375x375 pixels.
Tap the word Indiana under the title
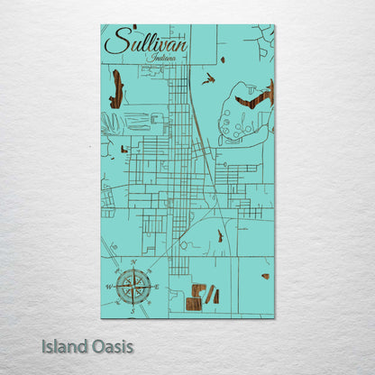(158, 58)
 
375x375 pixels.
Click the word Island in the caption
(65, 345)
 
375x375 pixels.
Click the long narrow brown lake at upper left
(116, 90)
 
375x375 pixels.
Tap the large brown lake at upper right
(255, 100)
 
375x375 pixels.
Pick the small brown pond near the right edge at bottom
(265, 276)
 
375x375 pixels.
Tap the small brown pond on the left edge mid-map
(123, 149)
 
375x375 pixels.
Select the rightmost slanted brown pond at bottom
(216, 296)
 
